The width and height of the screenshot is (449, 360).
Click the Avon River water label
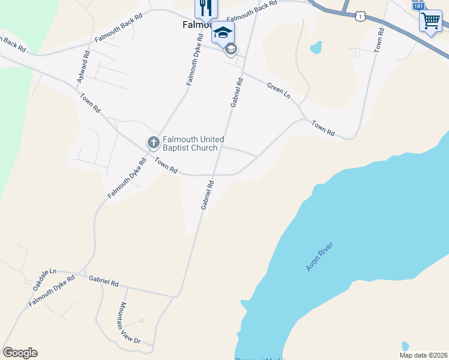click(319, 256)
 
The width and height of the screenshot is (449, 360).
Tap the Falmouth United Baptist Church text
click(193, 143)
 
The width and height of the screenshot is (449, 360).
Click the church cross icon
click(153, 143)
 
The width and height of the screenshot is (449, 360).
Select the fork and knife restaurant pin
click(206, 9)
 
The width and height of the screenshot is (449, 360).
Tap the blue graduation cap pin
click(222, 32)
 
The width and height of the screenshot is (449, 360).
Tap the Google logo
click(20, 353)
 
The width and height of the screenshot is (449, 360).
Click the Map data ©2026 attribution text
click(423, 355)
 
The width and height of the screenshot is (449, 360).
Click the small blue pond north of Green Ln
click(316, 47)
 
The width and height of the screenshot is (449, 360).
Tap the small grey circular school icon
click(231, 50)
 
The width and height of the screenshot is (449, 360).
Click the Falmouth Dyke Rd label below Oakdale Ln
click(52, 292)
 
